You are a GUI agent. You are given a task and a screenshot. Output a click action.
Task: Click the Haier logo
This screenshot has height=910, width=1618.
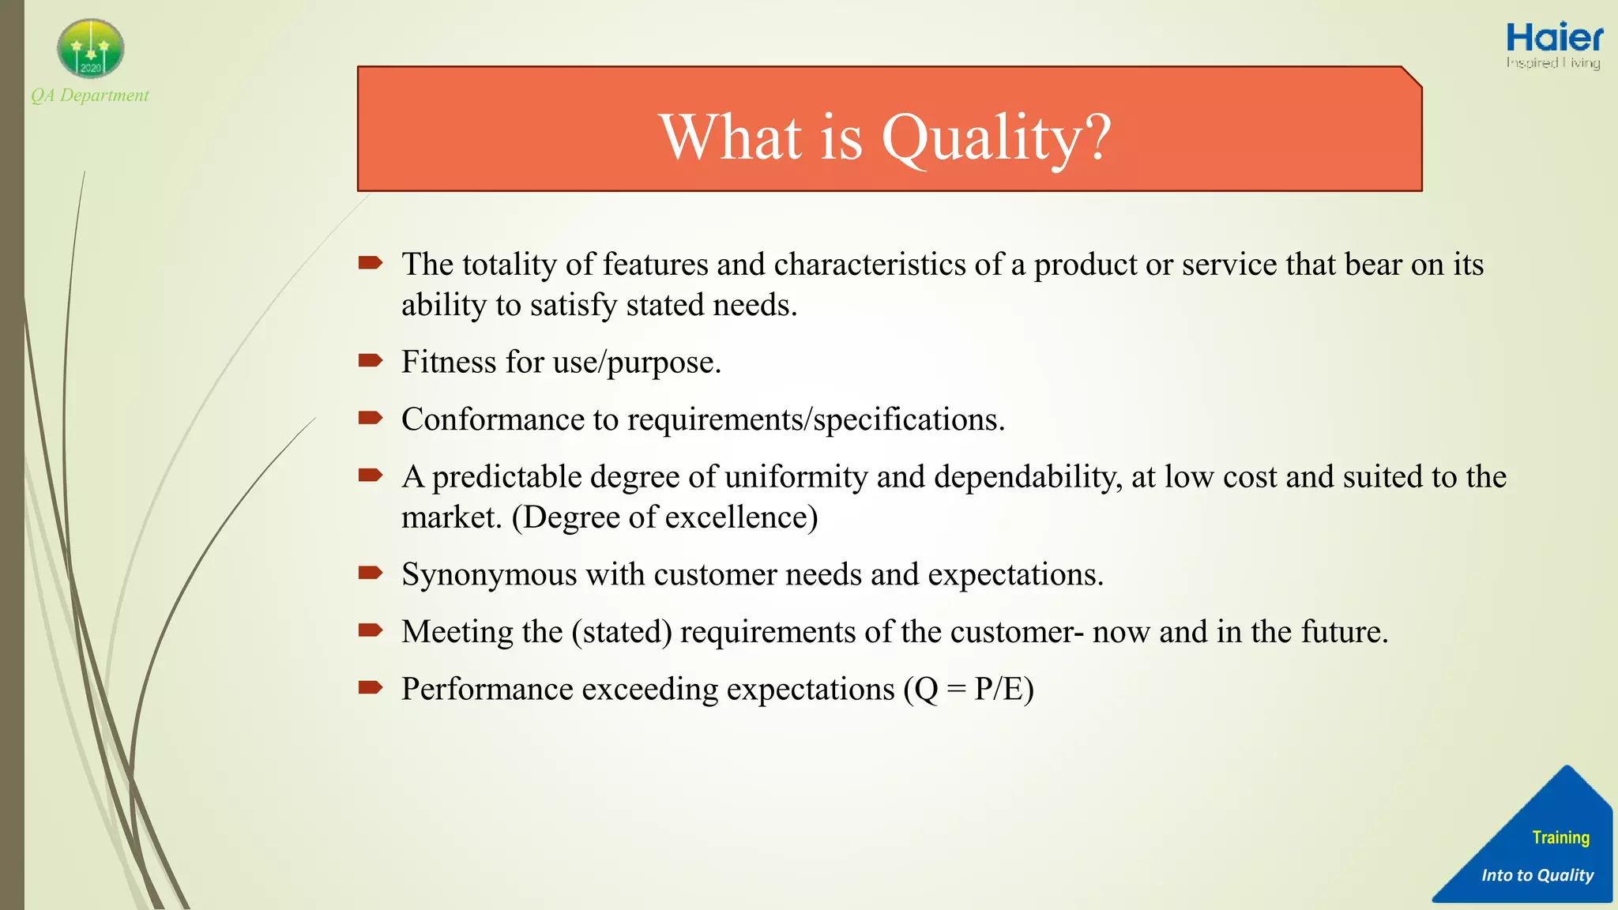(x=1554, y=38)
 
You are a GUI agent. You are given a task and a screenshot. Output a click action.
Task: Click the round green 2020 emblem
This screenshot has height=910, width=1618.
(x=91, y=49)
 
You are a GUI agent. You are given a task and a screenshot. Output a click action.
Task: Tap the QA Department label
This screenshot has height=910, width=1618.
(x=90, y=96)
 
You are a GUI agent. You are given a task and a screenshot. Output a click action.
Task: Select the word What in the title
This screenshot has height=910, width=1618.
(x=732, y=137)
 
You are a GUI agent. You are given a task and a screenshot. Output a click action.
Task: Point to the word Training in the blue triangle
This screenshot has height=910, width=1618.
(x=1560, y=837)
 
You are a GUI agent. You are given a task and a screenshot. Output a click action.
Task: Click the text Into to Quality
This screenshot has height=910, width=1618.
(x=1537, y=875)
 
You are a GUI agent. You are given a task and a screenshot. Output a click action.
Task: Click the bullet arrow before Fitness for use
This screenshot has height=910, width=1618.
(x=370, y=361)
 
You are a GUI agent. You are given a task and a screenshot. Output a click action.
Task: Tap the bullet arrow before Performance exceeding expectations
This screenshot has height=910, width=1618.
(x=370, y=687)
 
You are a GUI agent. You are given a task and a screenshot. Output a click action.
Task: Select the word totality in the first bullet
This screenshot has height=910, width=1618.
(x=509, y=264)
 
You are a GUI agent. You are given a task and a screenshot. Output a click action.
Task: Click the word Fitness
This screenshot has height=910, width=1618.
(x=449, y=362)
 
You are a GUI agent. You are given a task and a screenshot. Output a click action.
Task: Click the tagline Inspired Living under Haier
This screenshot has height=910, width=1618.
(x=1552, y=62)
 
